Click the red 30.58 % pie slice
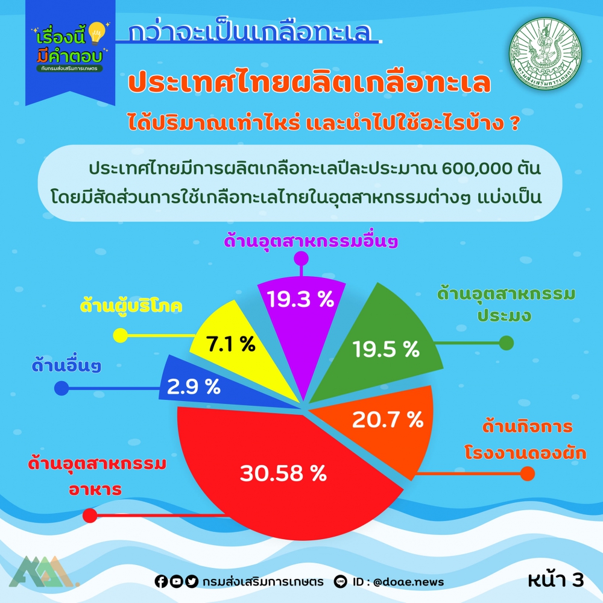(285, 473)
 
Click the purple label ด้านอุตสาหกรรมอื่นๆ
(311, 241)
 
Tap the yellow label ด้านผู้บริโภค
(131, 306)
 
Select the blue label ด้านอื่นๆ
(66, 366)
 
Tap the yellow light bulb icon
(96, 33)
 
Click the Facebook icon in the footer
(161, 581)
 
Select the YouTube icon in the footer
(176, 581)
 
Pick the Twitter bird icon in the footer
(192, 581)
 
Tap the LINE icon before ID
(340, 581)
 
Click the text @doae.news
(408, 582)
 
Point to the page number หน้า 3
(556, 579)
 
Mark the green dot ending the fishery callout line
(506, 343)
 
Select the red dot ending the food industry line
(90, 516)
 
